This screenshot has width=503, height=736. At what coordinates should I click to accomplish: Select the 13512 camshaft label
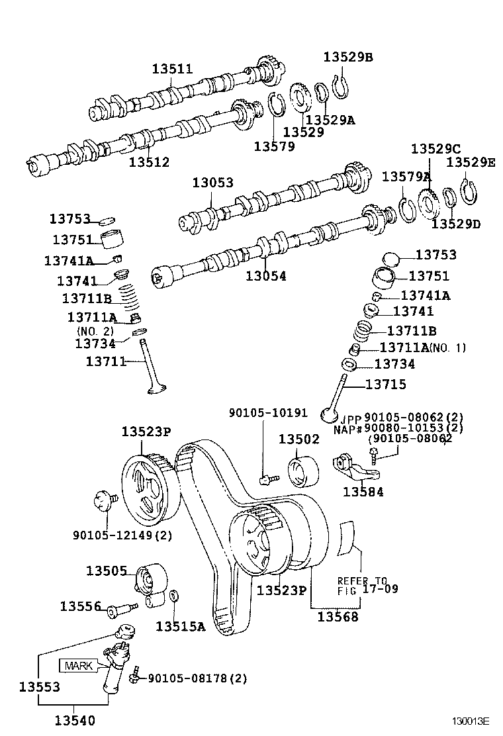click(149, 162)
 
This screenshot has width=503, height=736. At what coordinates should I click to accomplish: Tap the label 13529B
click(348, 57)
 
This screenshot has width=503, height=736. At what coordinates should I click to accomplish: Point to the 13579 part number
click(274, 146)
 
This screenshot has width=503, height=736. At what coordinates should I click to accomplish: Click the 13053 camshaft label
click(213, 183)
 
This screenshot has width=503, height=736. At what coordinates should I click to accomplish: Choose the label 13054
click(266, 276)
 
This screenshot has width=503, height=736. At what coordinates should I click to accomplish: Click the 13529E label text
click(470, 161)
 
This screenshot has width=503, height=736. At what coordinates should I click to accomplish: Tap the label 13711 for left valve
click(106, 361)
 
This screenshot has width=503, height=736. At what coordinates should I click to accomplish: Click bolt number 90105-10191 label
click(268, 413)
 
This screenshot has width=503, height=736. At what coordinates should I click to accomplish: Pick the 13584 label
click(363, 492)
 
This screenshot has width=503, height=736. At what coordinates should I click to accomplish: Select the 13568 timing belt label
click(338, 617)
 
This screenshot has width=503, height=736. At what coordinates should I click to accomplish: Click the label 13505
click(106, 571)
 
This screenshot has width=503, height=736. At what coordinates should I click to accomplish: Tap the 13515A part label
click(181, 625)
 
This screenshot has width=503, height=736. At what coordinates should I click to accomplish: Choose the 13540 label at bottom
click(75, 721)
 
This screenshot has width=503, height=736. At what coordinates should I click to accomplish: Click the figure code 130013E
click(471, 721)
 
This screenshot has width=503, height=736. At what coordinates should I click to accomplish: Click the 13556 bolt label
click(80, 606)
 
